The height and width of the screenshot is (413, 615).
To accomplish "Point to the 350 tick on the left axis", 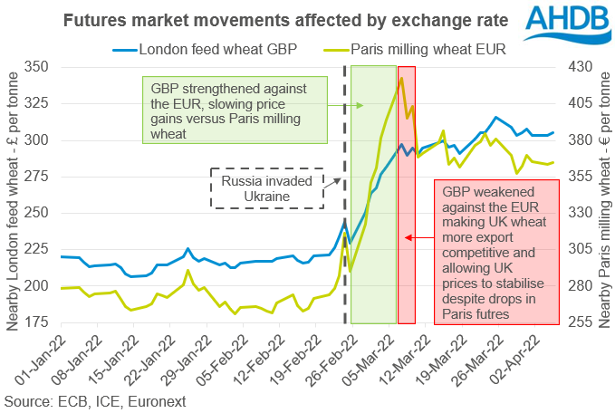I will pos(38,68).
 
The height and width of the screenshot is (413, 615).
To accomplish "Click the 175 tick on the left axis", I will pos(38,322).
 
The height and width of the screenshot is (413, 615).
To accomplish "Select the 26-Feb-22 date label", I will pos(332,357).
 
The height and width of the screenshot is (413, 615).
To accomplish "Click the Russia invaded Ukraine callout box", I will pos(266,188).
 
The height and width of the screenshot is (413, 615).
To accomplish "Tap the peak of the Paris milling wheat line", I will pos(400,79).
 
